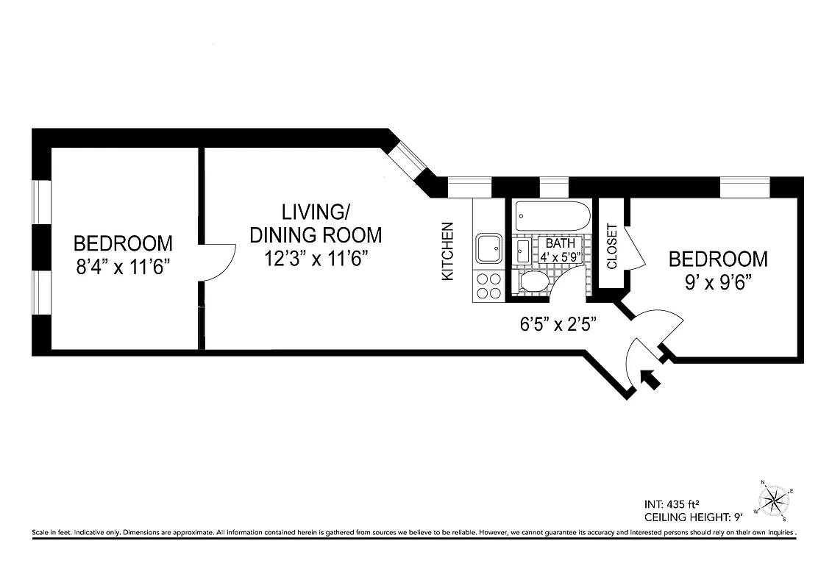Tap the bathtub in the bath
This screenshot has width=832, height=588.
pos(552,217)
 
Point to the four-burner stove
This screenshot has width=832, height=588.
pos(488,285)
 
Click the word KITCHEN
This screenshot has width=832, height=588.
pos(447,251)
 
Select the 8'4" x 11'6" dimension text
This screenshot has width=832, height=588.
pos(123,266)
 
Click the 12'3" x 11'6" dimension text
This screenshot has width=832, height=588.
pos(316,258)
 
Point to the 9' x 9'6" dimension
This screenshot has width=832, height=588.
pos(717,282)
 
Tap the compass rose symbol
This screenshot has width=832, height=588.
pos(774,501)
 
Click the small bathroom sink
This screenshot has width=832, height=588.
pos(522,251)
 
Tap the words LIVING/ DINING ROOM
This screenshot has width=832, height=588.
pos(316,223)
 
